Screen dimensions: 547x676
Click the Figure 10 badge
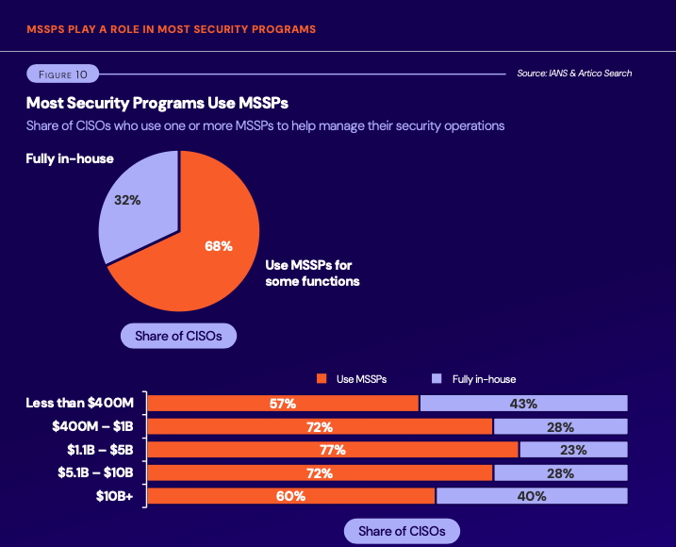click(x=61, y=74)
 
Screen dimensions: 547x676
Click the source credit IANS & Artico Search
click(x=574, y=74)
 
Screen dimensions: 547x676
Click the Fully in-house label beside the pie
click(x=70, y=158)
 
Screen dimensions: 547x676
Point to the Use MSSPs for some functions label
click(x=312, y=273)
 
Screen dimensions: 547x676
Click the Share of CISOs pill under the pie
click(x=178, y=336)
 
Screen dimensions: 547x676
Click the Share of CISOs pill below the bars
click(x=402, y=531)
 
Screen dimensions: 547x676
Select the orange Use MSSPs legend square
click(x=321, y=379)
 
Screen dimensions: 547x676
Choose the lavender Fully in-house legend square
click(x=437, y=379)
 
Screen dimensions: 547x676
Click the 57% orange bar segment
click(x=283, y=404)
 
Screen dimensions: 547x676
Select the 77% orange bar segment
click(x=333, y=450)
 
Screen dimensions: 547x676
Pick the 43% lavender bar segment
click(x=523, y=404)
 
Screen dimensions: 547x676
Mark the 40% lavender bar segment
click(x=532, y=496)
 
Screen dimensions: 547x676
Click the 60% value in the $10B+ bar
click(x=290, y=496)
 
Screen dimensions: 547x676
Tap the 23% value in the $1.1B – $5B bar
click(x=572, y=450)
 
